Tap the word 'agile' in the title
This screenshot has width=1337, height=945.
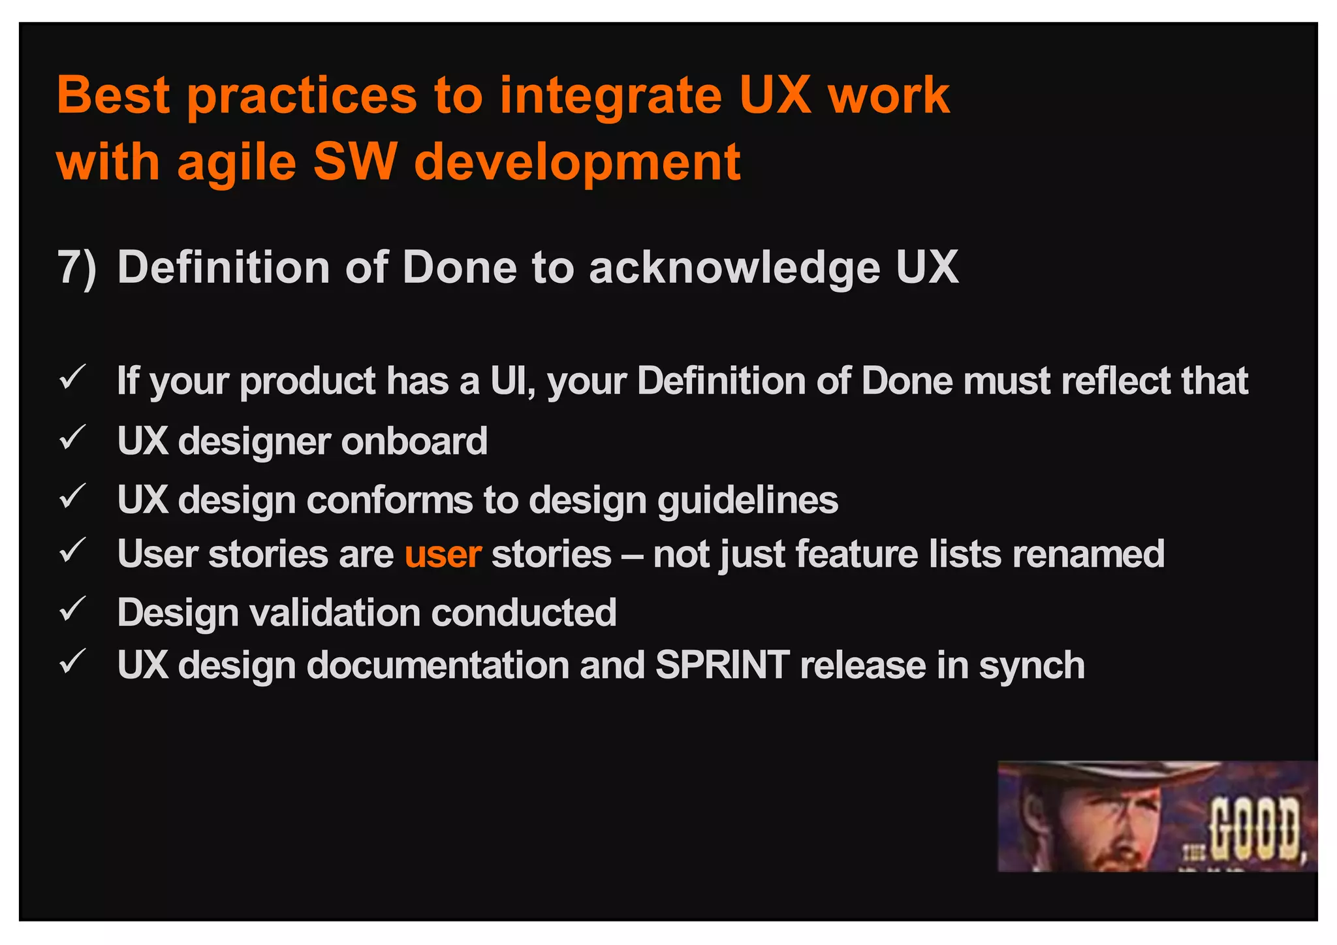[236, 163]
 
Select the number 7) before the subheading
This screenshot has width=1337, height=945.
[76, 268]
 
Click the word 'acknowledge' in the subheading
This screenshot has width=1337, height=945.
[734, 268]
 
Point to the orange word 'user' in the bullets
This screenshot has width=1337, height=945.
[443, 554]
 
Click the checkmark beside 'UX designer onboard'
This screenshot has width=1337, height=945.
[72, 438]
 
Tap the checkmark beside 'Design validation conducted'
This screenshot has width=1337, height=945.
[72, 609]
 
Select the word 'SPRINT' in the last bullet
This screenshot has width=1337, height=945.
[722, 665]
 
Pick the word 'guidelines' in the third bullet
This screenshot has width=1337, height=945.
[747, 501]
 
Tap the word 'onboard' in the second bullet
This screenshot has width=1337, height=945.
[414, 441]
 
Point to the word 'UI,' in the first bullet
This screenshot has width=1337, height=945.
[513, 381]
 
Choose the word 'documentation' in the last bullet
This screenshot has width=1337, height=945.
[438, 665]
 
